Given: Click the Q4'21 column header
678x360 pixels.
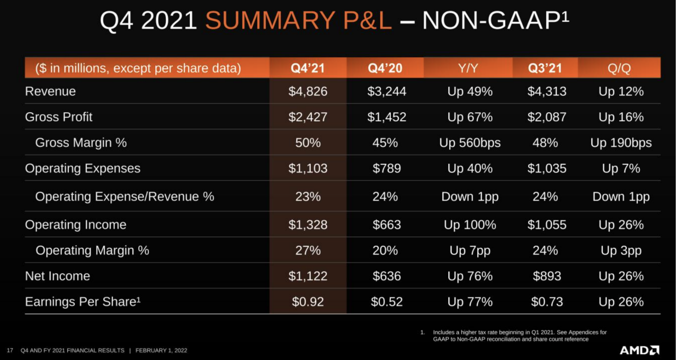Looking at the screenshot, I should click(x=308, y=68).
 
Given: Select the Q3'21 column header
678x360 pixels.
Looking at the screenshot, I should click(x=545, y=68).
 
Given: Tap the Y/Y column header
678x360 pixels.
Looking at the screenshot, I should click(x=469, y=68).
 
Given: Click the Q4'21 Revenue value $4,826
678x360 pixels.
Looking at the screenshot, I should click(x=308, y=92).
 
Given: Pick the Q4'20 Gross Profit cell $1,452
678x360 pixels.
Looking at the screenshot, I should click(x=387, y=117).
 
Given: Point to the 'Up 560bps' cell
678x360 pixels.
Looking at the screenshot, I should click(x=470, y=143).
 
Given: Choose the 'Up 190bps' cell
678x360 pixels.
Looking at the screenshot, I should click(x=621, y=143).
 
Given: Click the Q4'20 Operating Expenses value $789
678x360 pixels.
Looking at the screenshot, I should click(x=387, y=168).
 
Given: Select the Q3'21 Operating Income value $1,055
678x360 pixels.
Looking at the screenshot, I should click(x=547, y=225).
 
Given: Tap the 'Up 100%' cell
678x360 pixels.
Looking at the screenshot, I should click(x=470, y=225).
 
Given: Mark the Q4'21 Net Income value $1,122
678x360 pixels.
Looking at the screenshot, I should click(x=308, y=276).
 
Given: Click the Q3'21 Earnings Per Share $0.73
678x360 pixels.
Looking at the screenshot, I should click(x=547, y=302).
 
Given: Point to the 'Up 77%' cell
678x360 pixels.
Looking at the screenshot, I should click(x=470, y=302).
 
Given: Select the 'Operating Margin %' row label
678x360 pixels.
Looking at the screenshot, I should click(x=92, y=250).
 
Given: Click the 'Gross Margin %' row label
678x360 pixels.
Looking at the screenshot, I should click(x=81, y=143).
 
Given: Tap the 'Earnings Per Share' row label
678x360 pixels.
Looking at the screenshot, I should click(x=83, y=302).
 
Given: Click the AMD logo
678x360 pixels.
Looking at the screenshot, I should click(x=639, y=350).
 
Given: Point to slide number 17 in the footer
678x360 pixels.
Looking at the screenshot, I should click(x=10, y=350).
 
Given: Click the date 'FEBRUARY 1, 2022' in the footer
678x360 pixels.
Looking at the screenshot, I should click(x=161, y=350).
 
